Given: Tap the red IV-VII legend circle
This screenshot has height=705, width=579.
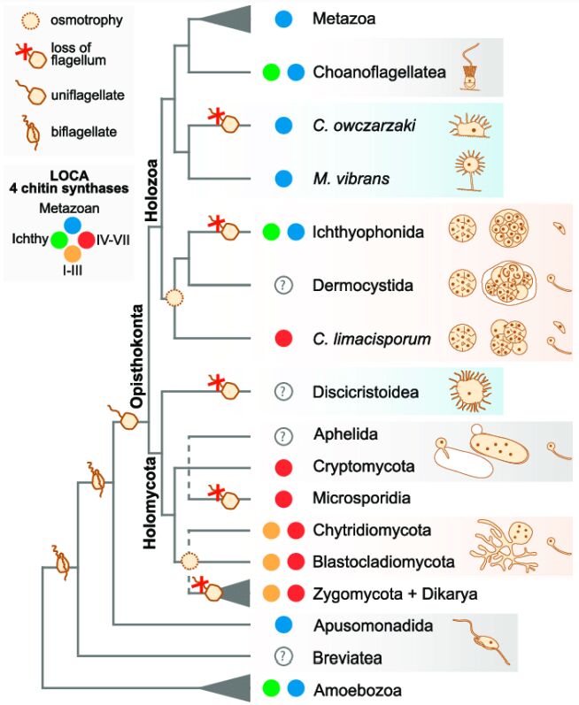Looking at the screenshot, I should [x=87, y=239].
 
